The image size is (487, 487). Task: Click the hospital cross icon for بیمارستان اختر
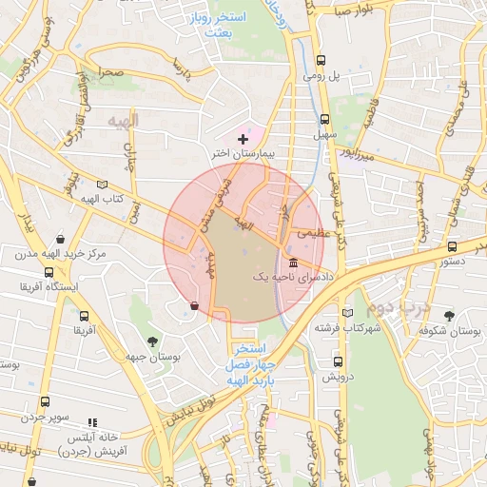(243, 139)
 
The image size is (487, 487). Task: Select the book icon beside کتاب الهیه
(103, 184)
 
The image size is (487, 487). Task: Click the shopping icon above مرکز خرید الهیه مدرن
(61, 239)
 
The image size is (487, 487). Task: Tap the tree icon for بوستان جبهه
(152, 341)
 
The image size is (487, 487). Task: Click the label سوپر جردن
(49, 418)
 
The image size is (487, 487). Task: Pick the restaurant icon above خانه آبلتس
(92, 421)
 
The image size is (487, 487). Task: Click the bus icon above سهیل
(325, 120)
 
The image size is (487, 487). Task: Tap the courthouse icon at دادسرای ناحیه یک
(292, 263)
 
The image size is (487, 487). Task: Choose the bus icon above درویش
(338, 361)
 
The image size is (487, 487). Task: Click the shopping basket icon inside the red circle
(195, 306)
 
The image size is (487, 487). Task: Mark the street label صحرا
(112, 73)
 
